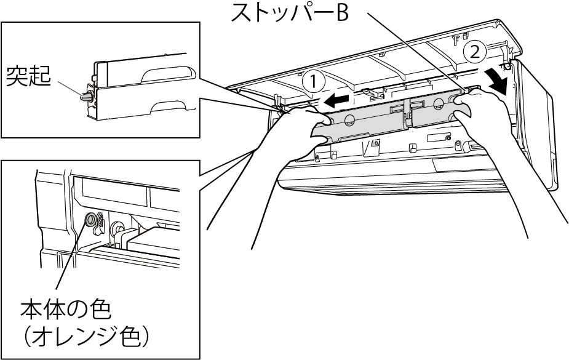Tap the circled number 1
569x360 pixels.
coord(314,81)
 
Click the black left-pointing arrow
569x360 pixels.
coord(338,100)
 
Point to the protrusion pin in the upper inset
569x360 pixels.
coord(86,97)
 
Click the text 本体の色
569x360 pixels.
coord(65,310)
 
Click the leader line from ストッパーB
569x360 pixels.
coord(416,50)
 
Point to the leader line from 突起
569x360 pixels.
coord(69,89)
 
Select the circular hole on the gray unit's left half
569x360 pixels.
coord(348,119)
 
